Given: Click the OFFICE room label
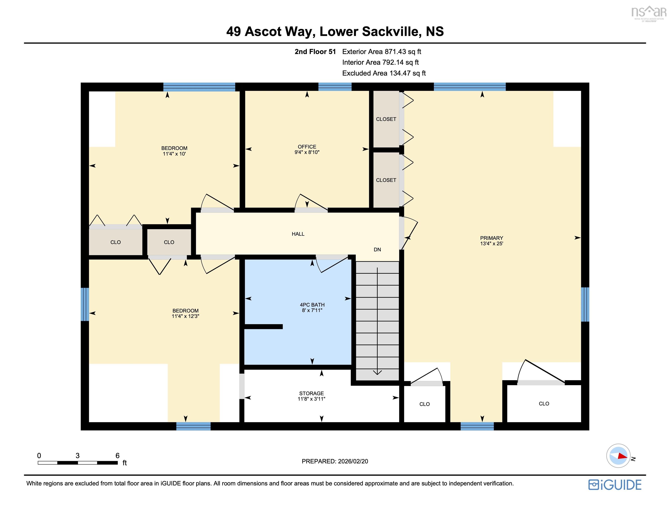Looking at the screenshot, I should tap(307, 147).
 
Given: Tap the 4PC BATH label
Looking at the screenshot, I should tap(312, 305).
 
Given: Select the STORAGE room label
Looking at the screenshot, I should tap(311, 393).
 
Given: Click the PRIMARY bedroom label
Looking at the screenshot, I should tap(491, 238).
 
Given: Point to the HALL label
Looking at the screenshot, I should tap(298, 234).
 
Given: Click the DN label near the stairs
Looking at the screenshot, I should tap(377, 250).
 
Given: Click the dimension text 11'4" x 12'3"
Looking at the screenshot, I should tap(185, 316).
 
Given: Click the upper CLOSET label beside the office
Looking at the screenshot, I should tap(386, 119).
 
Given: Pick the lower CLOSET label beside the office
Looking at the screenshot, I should tap(386, 180).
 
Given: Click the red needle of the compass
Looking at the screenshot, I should tap(622, 456).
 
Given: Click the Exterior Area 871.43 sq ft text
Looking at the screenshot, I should tap(382, 51).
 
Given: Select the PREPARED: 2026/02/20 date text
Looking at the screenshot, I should tap(335, 461).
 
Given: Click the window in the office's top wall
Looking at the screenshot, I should tap(335, 87).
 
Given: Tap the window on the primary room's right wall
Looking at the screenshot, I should tap(585, 304).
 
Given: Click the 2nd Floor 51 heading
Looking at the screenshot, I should tap(315, 51).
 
